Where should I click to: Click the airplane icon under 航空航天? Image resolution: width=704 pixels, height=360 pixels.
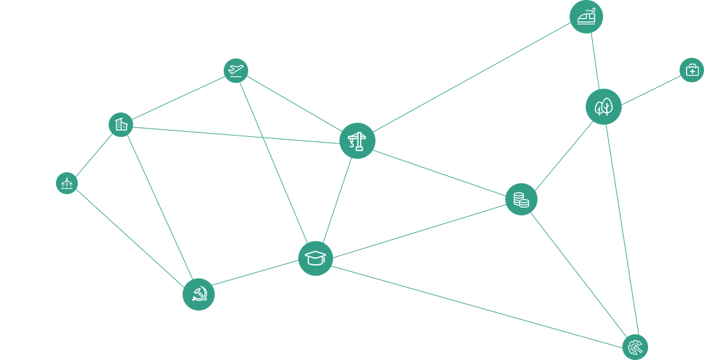coord(236,69)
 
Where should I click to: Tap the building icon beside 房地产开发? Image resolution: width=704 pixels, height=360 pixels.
coord(121,124)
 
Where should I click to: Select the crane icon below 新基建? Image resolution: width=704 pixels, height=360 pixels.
coord(356,140)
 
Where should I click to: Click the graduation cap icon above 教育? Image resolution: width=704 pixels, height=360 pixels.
coord(315,258)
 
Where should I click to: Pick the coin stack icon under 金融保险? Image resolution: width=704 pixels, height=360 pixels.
coord(521,200)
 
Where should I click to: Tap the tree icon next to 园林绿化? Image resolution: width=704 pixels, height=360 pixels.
coord(603,107)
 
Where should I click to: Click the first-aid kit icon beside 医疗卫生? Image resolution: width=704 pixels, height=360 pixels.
coord(692,69)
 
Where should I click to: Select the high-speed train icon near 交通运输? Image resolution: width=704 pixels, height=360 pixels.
coord(586,16)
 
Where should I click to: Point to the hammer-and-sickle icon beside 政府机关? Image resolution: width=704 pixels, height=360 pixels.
coord(198,296)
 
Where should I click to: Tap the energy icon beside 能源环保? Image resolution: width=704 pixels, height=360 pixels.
coord(66,184)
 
